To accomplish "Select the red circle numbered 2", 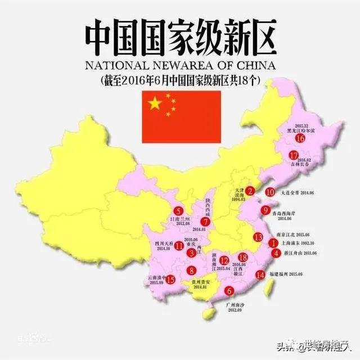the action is [x=251, y=191].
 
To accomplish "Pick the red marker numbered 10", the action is [x=270, y=192].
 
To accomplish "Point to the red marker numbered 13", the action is [x=258, y=237].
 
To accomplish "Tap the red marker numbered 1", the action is [x=273, y=244].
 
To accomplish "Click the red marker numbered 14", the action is [x=260, y=274].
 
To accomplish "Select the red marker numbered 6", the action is [x=229, y=291].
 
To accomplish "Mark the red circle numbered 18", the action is [x=243, y=257].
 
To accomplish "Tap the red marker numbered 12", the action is [x=224, y=260].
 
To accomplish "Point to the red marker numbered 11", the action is [x=179, y=245].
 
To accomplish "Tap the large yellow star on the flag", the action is [x=154, y=103].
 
